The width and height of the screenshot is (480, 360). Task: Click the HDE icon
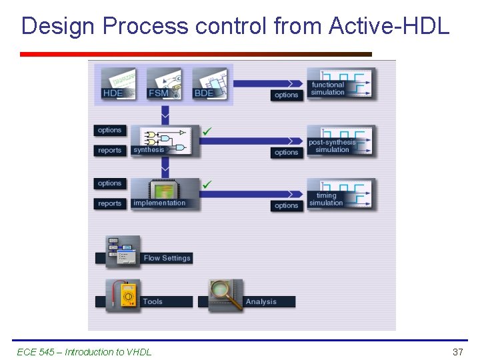click(x=118, y=84)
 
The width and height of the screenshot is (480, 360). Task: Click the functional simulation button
click(x=340, y=84)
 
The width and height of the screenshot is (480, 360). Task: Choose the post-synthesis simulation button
click(x=340, y=141)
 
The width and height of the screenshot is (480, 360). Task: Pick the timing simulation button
click(x=340, y=195)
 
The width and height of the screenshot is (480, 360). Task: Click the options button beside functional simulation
click(x=286, y=95)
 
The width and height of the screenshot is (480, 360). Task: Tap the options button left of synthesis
click(x=109, y=130)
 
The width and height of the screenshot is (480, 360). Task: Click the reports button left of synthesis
click(x=109, y=151)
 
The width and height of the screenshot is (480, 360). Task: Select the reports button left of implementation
click(x=109, y=204)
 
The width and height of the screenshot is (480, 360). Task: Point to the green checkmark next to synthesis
click(x=207, y=131)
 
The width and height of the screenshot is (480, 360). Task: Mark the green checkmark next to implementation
click(x=207, y=184)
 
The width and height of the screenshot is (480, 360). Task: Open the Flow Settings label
click(x=167, y=258)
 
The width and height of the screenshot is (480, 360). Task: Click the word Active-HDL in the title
click(x=389, y=26)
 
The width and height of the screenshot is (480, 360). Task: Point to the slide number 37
click(x=457, y=352)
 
